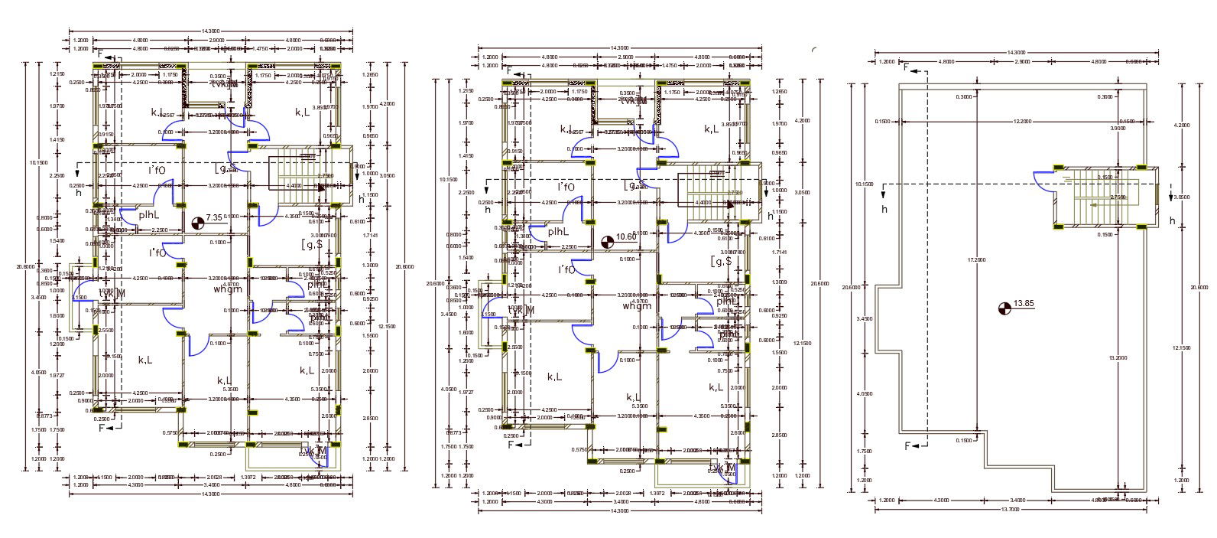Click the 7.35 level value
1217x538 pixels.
pyautogui.click(x=214, y=219)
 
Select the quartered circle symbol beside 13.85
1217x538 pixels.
pyautogui.click(x=1004, y=308)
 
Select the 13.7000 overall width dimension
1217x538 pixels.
pyautogui.click(x=1011, y=508)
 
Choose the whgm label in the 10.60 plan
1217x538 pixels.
pyautogui.click(x=638, y=306)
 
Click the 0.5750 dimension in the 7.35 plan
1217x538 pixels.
pyautogui.click(x=170, y=433)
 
